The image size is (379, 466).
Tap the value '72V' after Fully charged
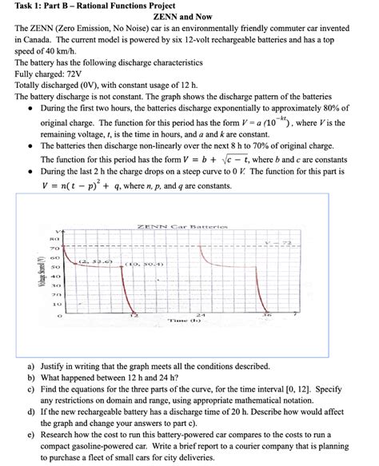point(74,74)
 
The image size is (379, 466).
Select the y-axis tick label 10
point(56,305)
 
